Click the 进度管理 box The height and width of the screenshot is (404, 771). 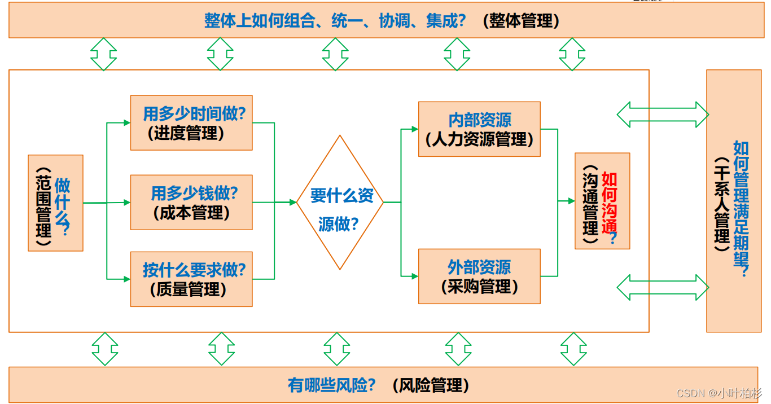pos(191,123)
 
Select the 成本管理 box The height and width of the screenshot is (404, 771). pos(191,203)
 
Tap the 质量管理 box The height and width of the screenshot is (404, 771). pos(191,279)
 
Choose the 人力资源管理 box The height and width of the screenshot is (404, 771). pos(479,129)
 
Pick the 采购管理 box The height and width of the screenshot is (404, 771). pos(479,276)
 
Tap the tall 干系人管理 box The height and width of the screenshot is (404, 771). pos(733,201)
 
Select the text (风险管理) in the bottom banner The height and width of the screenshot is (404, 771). pos(431,385)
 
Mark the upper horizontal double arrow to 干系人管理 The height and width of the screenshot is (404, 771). pos(662,115)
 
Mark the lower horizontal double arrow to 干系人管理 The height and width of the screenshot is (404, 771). pos(662,287)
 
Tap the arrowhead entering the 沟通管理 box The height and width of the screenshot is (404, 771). pos(571,201)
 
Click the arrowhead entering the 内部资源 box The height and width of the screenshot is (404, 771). pos(415,129)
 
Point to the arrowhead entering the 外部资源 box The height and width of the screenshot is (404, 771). pos(415,276)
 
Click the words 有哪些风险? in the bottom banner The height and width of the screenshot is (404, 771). pos(332,385)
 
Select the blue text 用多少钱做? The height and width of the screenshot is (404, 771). pos(194,194)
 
